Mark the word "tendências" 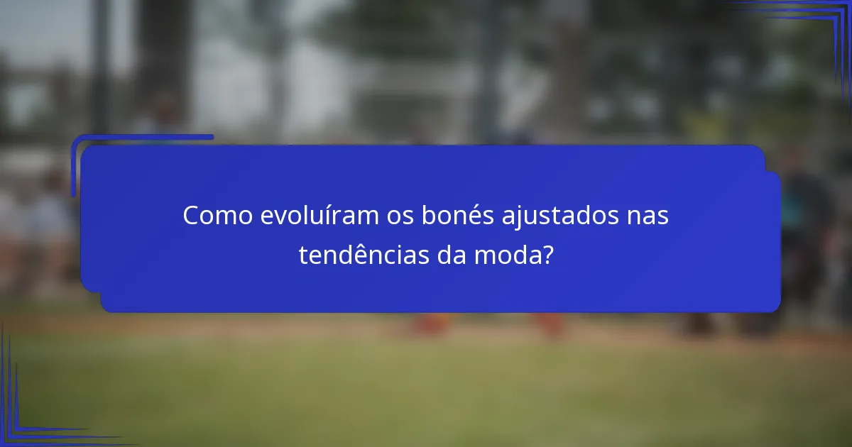tap(362, 255)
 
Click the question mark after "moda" tap(547, 255)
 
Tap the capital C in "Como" tap(190, 216)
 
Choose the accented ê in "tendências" tap(355, 254)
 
